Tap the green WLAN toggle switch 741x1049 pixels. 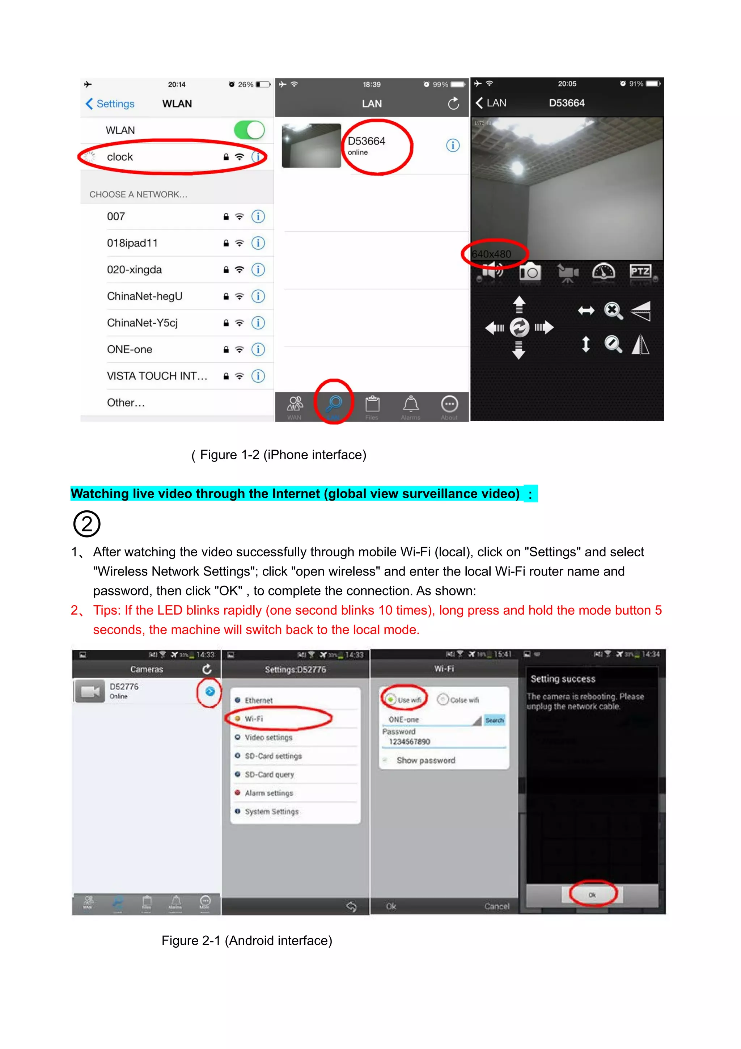(x=249, y=130)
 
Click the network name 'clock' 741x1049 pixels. (x=120, y=157)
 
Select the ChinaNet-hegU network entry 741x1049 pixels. (x=144, y=296)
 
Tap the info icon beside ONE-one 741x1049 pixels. (x=258, y=350)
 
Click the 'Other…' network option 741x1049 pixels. (x=126, y=403)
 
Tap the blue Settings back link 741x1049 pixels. (x=110, y=104)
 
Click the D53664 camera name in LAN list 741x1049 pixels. (x=366, y=141)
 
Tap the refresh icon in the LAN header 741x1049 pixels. (x=453, y=104)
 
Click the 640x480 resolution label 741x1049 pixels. (x=491, y=254)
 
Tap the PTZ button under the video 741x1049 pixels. (x=640, y=272)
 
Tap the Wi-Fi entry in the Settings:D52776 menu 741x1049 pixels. (x=254, y=719)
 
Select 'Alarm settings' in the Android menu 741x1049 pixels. (x=268, y=793)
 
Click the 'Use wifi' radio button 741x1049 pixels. (x=391, y=699)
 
